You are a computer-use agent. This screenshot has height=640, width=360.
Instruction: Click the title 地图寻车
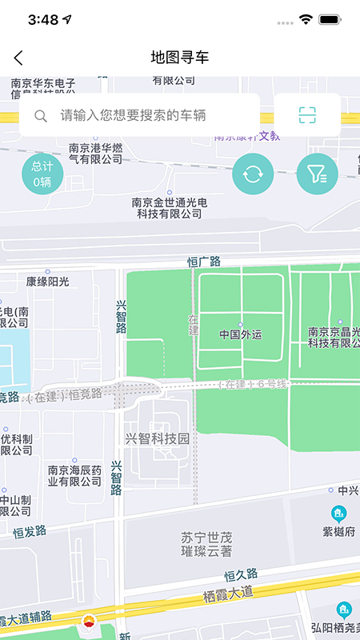tap(180, 58)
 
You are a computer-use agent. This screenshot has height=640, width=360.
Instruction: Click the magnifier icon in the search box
tap(41, 116)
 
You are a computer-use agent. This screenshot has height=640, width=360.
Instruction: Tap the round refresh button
tap(253, 174)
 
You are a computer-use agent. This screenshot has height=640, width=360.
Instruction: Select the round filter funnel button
tap(317, 174)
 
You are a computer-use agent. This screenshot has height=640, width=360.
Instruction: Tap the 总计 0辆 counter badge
tap(42, 174)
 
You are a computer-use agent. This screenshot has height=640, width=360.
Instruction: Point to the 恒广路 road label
tap(203, 262)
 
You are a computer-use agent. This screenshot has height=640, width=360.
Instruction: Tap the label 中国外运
tap(240, 334)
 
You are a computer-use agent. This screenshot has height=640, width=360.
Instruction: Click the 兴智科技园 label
tap(157, 438)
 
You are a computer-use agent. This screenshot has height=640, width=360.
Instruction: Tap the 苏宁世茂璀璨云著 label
tap(206, 544)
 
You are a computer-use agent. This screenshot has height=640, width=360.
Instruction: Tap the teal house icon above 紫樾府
tap(339, 513)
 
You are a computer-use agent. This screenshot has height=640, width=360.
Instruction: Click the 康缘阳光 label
tap(48, 282)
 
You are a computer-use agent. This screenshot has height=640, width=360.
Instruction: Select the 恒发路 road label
tap(30, 530)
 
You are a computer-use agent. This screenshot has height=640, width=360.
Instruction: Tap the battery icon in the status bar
tap(329, 19)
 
